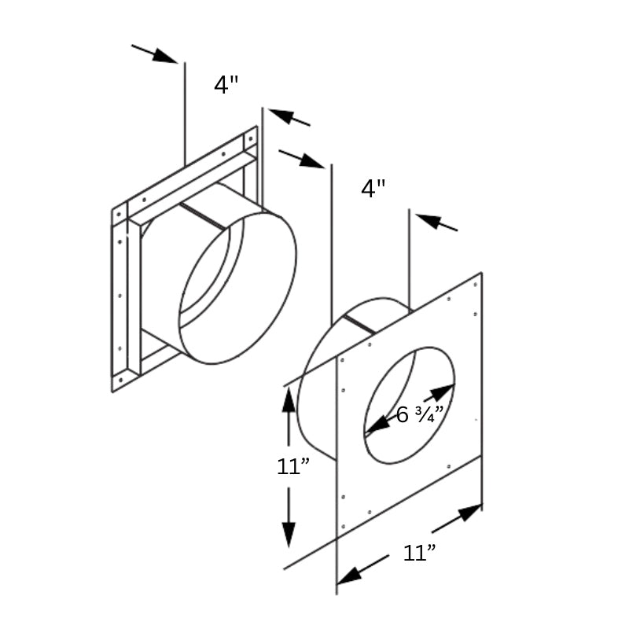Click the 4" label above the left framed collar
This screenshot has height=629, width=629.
coord(226,84)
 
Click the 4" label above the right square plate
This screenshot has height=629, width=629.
coord(373,188)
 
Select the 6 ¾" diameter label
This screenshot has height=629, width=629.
coord(420,414)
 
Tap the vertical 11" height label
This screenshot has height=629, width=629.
coord(293,466)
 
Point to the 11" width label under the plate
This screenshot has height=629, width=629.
coord(420,553)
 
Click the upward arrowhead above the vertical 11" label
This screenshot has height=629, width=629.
coord(289,400)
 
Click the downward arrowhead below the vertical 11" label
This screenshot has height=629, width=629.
coord(289,535)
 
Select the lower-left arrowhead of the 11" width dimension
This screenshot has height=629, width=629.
coord(349,576)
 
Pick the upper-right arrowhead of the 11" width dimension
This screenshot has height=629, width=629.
coord(469,513)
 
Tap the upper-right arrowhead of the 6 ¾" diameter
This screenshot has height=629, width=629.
coord(443,391)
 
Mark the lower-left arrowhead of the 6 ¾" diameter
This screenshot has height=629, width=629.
coord(377,426)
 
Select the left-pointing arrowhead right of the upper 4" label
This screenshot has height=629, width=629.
coord(281,115)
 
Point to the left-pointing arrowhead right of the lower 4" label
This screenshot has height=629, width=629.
coord(429,220)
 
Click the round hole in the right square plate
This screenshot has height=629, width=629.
coord(409,406)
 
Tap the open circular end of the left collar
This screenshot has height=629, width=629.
coord(238,288)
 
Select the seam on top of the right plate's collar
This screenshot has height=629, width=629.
coord(360,325)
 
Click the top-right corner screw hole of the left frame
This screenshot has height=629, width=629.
coord(251,139)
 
